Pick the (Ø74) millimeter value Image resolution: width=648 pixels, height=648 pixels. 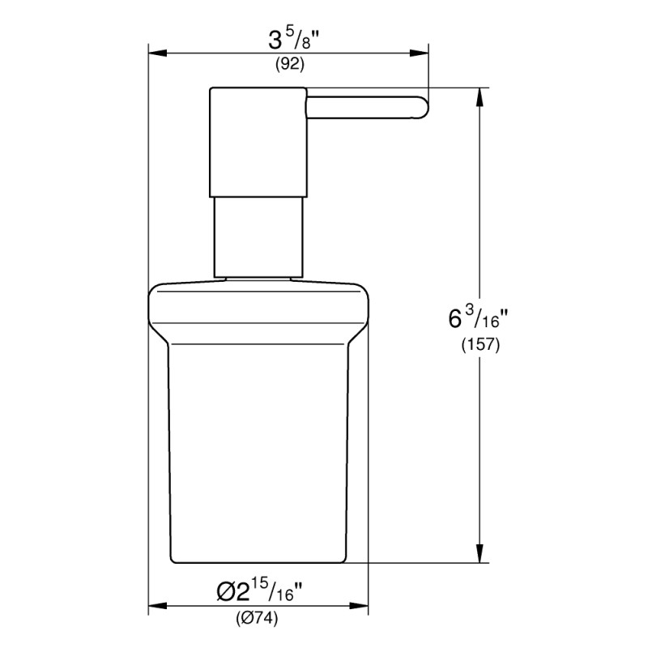(x=258, y=620)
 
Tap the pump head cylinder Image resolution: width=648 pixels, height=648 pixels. (x=259, y=142)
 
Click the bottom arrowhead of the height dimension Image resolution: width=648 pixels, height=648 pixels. (x=481, y=555)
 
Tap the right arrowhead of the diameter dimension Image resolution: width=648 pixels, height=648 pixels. (x=363, y=605)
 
